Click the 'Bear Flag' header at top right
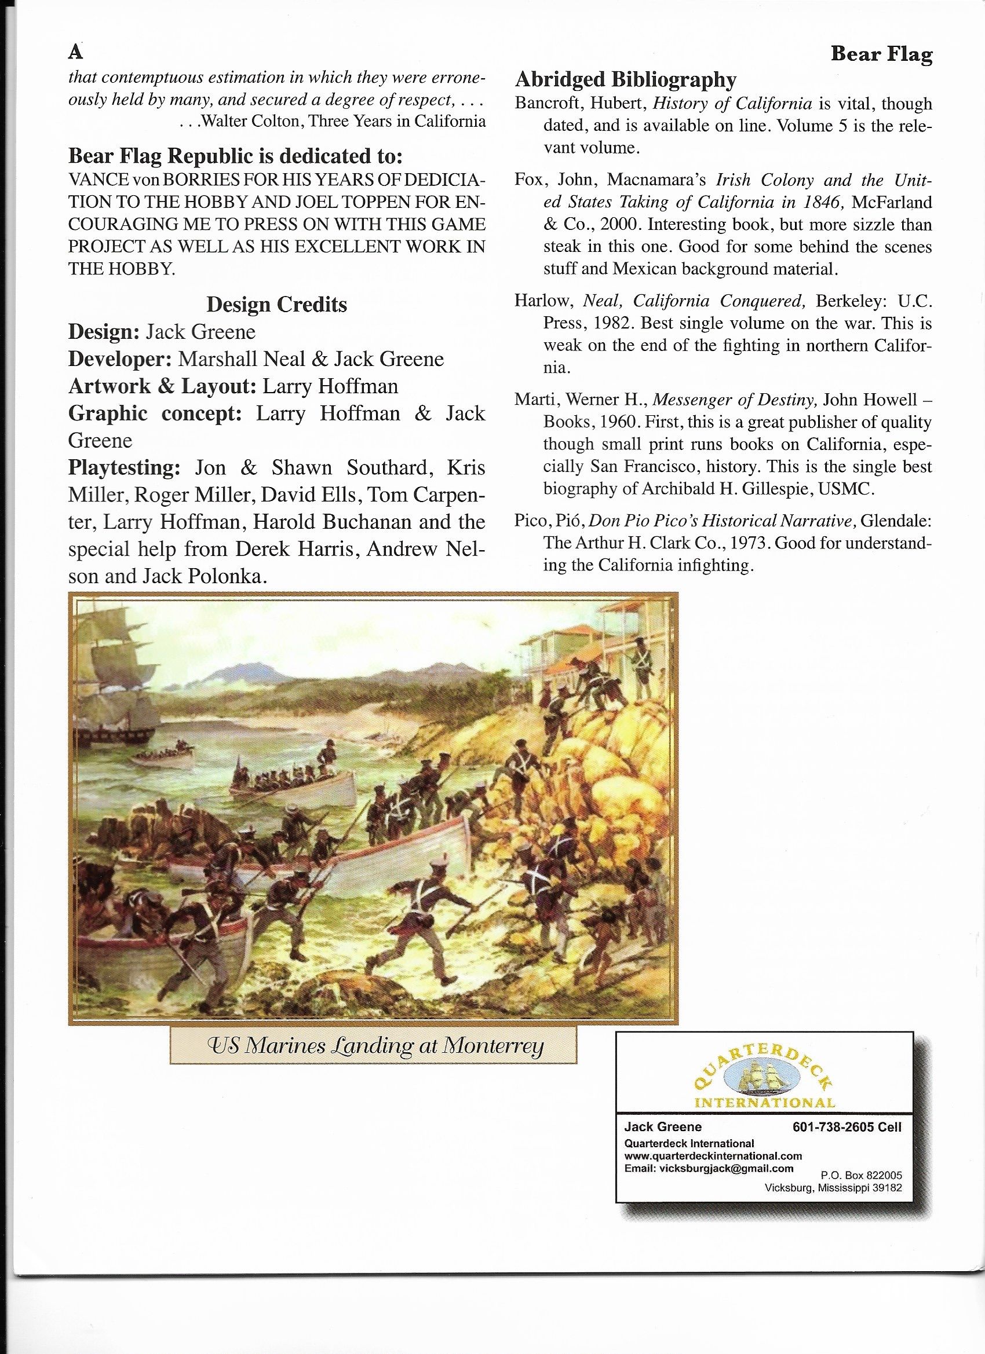point(881,55)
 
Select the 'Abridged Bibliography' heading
point(625,79)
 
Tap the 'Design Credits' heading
point(276,305)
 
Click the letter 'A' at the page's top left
point(75,53)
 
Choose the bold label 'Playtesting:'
point(124,468)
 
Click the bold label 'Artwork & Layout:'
point(162,386)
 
